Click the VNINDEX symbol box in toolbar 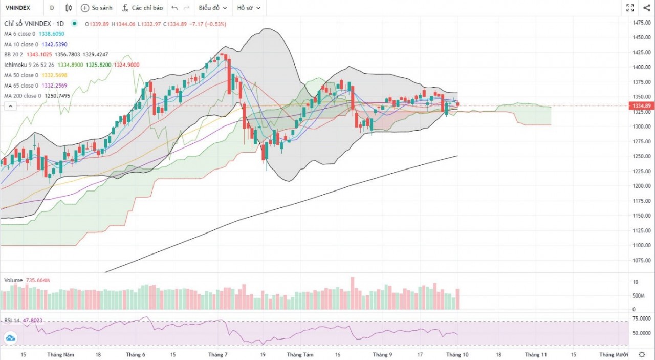tap(17, 8)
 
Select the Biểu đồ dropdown tap(212, 8)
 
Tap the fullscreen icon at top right tap(630, 8)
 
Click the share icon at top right tap(646, 8)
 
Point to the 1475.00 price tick tap(641, 23)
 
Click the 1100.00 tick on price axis tap(641, 245)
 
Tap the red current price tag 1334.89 tap(641, 106)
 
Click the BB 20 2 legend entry tap(15, 55)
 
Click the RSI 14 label tap(12, 321)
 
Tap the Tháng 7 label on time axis tap(218, 354)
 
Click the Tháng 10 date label tap(455, 354)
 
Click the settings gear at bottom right tap(642, 354)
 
